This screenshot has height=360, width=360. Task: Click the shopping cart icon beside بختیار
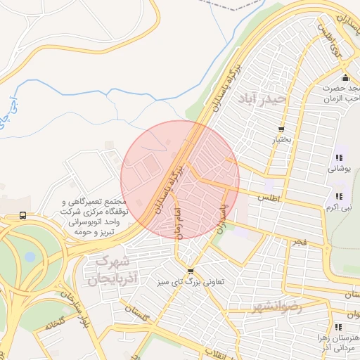point(281,129)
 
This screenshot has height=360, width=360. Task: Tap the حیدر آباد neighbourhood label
point(262,97)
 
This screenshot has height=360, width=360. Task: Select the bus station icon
point(23,215)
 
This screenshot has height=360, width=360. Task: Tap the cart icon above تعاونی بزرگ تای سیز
point(191,271)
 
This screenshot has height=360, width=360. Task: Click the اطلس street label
point(269,199)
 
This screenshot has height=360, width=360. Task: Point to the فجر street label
point(300,242)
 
